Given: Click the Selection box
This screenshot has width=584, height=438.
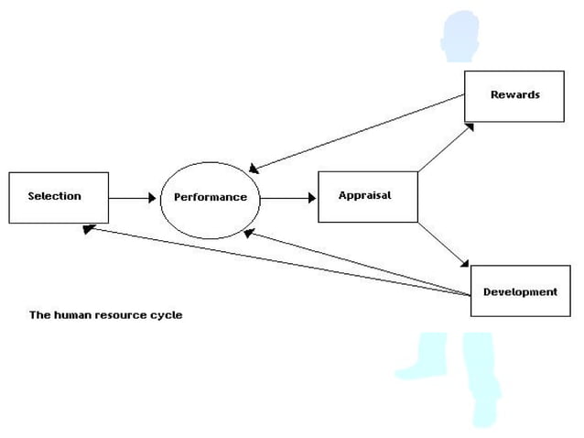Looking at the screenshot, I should (x=59, y=197).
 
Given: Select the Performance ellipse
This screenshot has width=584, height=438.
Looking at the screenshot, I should (x=210, y=197).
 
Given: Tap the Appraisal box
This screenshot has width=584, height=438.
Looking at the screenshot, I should (x=367, y=196).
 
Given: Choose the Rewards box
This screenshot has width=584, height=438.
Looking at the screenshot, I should (x=514, y=95).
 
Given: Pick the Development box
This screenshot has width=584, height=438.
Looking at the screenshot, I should (x=520, y=291).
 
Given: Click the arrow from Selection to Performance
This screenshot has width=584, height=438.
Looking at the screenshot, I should (x=133, y=197).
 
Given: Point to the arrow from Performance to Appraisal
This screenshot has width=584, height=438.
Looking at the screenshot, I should (x=288, y=197).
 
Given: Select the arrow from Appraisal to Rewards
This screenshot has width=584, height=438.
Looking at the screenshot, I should (x=446, y=146).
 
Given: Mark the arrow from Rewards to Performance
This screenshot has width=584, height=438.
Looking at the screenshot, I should (x=357, y=132).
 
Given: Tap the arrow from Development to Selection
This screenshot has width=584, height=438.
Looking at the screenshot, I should (x=275, y=261).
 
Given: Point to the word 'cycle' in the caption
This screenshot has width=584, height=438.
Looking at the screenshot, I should (x=166, y=315).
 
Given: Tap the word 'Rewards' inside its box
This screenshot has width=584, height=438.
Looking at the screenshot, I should (x=514, y=94).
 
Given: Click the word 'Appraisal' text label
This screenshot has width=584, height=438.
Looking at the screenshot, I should (x=364, y=195).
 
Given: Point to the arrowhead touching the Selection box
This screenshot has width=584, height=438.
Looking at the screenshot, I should (x=87, y=229).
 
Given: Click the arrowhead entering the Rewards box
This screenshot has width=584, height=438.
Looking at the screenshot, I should (x=469, y=126).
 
